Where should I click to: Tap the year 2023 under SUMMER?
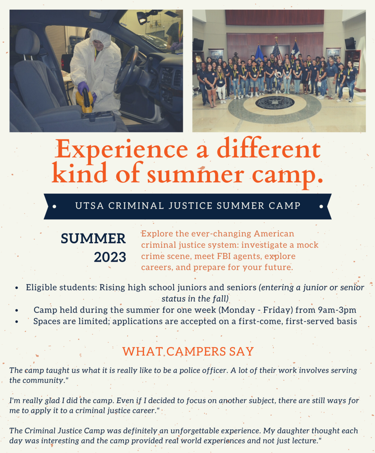pyautogui.click(x=110, y=257)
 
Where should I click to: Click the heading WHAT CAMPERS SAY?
pyautogui.click(x=188, y=351)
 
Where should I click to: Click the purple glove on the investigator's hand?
pyautogui.click(x=83, y=88)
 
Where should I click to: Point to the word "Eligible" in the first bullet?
pyautogui.click(x=40, y=288)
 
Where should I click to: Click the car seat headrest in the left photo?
pyautogui.click(x=27, y=42)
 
